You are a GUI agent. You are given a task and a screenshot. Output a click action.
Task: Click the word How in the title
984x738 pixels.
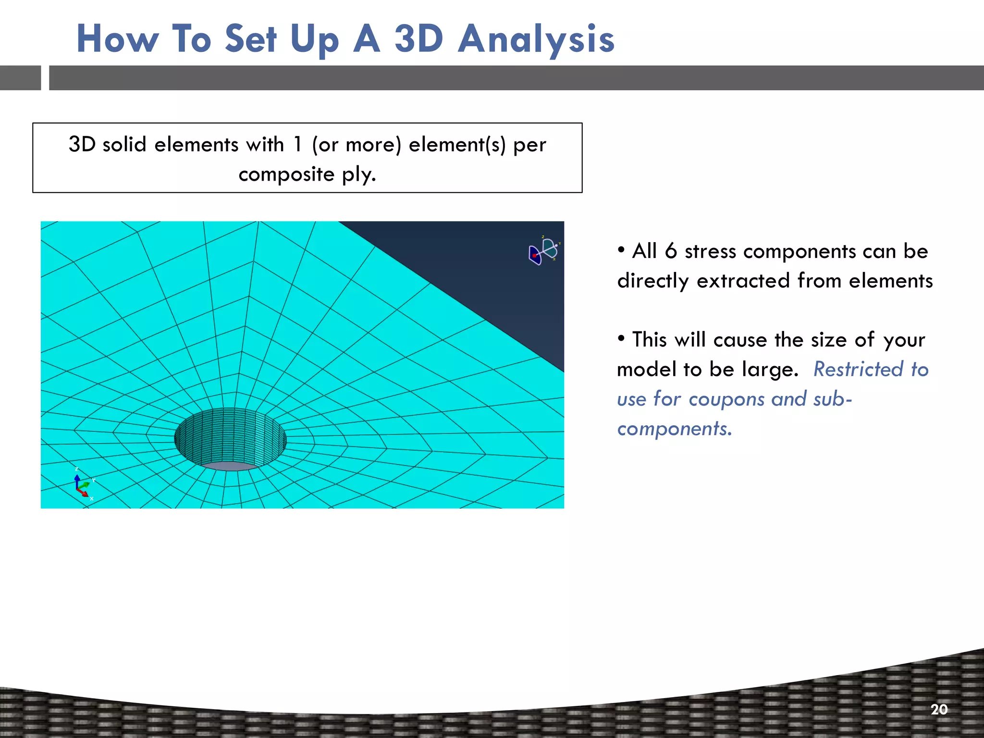[x=118, y=39]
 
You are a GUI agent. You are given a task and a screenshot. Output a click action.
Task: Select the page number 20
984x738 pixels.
[x=939, y=710]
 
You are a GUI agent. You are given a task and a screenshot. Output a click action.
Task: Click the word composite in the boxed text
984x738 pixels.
[x=286, y=174]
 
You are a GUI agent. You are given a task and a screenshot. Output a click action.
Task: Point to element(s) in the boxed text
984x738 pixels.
[x=457, y=145]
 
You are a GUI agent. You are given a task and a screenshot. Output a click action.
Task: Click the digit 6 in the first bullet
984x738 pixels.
[x=671, y=251]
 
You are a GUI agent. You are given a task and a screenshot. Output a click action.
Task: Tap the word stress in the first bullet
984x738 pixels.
[x=710, y=252]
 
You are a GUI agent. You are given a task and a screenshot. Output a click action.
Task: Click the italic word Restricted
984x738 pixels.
[x=858, y=369]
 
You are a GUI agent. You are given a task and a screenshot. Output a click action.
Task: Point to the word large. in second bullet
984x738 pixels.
[x=770, y=369]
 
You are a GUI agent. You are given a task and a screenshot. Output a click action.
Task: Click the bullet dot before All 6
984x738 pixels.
[x=621, y=249]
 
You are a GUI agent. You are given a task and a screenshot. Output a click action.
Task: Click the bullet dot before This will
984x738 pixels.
[x=621, y=338]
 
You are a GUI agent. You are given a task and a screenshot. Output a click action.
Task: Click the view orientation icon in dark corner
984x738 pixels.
[x=543, y=251]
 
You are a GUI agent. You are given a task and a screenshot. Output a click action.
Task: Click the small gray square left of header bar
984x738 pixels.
[x=20, y=78]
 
